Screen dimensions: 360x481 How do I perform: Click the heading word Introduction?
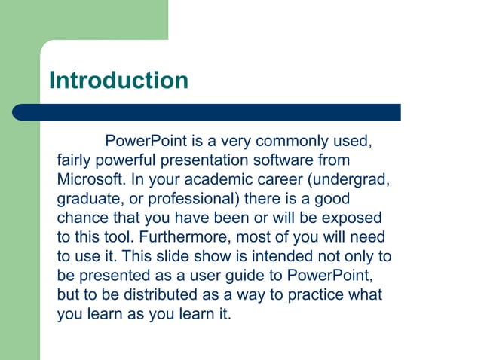[118, 80]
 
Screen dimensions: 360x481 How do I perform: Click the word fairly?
[75, 160]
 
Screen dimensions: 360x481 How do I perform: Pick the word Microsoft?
[90, 180]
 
